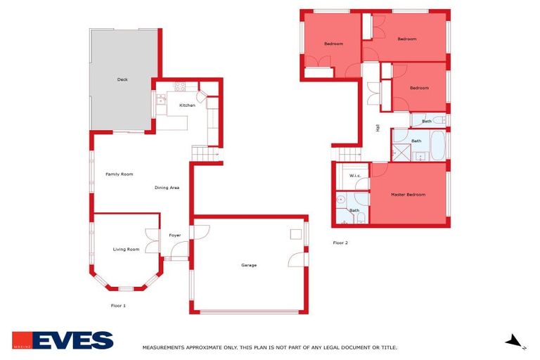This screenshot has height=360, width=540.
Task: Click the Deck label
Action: click(x=122, y=79)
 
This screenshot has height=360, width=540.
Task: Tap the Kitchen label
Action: click(x=187, y=105)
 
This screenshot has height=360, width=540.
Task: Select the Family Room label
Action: click(x=120, y=174)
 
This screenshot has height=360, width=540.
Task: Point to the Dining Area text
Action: click(x=167, y=188)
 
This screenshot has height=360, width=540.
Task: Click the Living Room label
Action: click(x=127, y=250)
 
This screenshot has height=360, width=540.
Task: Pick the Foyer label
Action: click(x=174, y=235)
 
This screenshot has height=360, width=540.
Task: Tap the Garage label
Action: click(x=249, y=265)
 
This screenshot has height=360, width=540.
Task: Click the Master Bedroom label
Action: click(x=409, y=195)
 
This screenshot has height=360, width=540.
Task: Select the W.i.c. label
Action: click(x=355, y=176)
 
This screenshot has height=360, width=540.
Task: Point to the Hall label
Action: click(x=378, y=128)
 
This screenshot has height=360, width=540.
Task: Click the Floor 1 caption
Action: click(x=118, y=306)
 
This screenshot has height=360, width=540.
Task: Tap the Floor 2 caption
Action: click(x=340, y=243)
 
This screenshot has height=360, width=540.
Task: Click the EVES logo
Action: click(x=63, y=340)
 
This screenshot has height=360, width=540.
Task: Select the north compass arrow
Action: click(x=515, y=342)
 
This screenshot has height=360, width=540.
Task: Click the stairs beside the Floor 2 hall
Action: click(x=349, y=155)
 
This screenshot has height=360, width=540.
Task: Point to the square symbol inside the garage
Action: click(x=296, y=234)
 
